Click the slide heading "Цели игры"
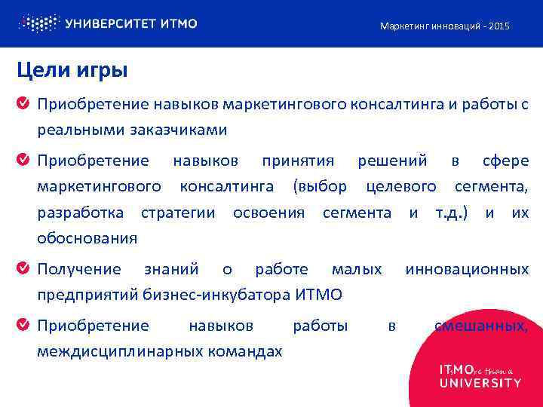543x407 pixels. click(72, 71)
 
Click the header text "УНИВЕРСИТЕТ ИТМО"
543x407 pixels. click(132, 23)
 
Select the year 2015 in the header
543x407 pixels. click(499, 26)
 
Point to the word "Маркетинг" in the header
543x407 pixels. click(403, 26)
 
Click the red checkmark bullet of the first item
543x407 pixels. click(24, 103)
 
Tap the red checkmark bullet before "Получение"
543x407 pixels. click(24, 268)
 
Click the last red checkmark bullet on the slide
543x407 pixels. click(24, 326)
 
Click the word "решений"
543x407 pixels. click(392, 161)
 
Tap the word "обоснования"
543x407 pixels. click(87, 239)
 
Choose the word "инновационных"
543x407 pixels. click(467, 269)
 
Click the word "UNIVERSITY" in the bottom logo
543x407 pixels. click(480, 383)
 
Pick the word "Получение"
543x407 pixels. click(79, 269)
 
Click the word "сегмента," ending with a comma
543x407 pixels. click(492, 186)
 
